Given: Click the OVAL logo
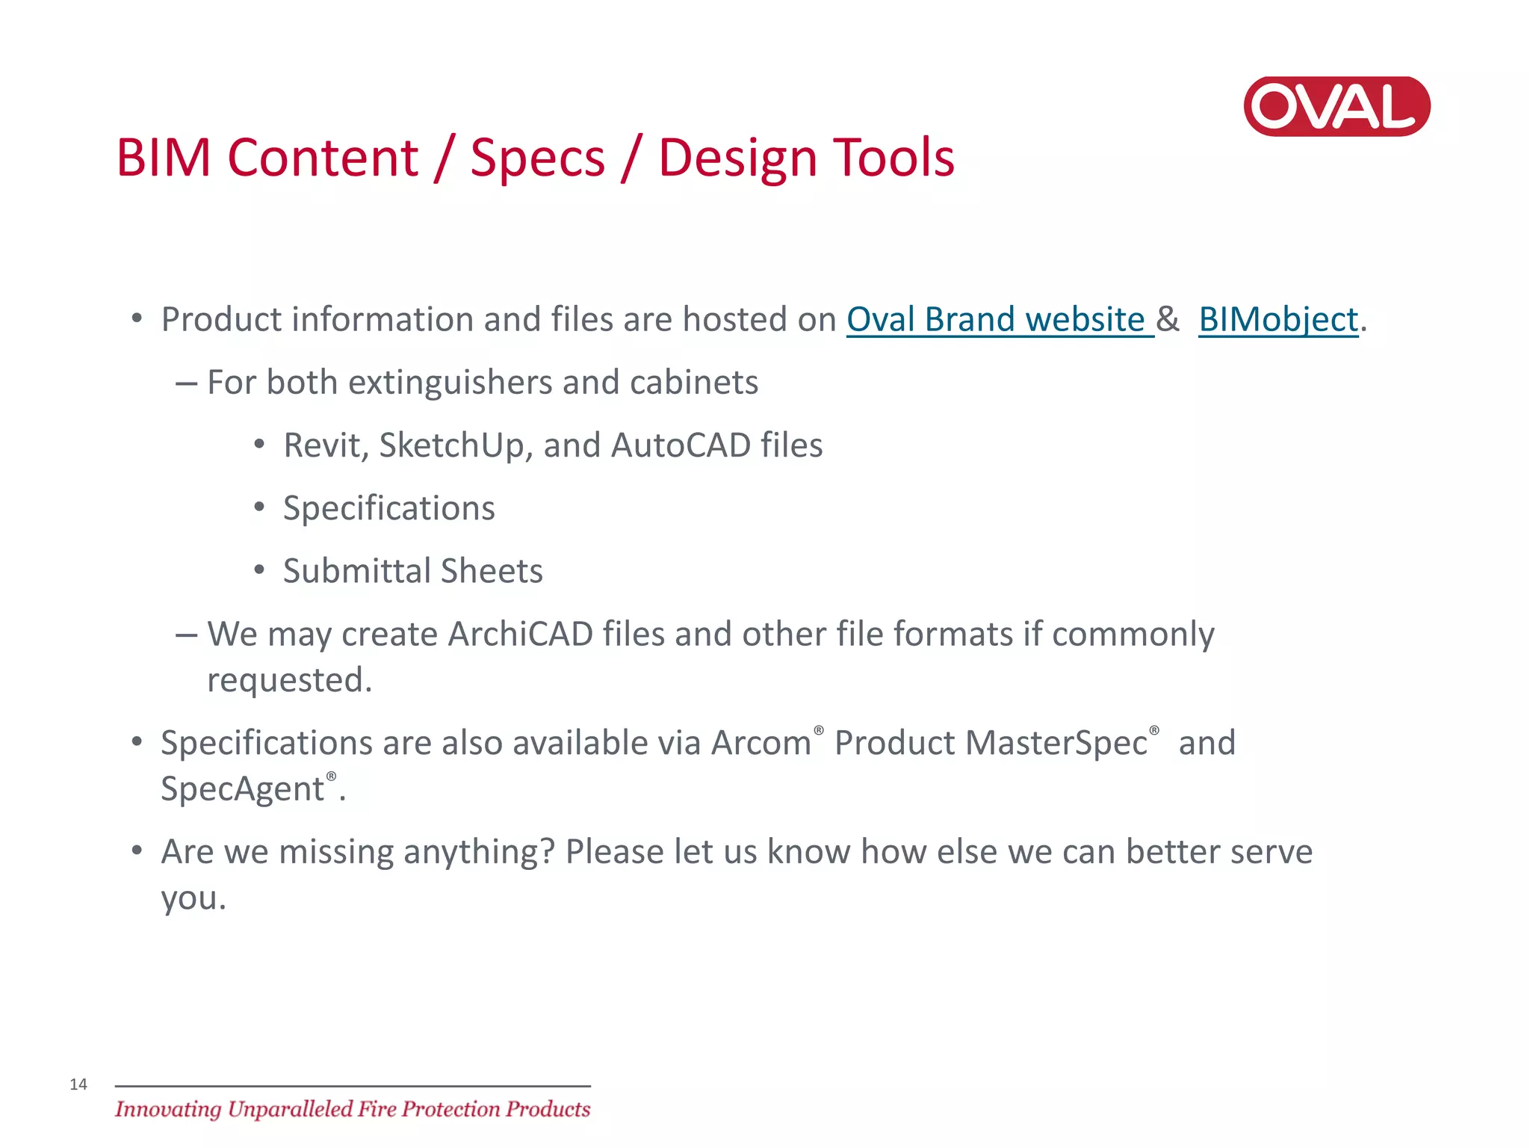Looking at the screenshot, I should click(x=1337, y=106).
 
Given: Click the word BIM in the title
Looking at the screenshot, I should click(x=164, y=158).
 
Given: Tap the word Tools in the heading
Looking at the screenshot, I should click(x=893, y=158).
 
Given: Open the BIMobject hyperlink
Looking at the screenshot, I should click(x=1277, y=320).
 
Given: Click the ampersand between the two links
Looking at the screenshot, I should click(x=1168, y=320).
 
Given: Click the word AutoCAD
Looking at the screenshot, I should click(x=681, y=445).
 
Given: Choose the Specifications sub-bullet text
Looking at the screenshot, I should click(x=388, y=509).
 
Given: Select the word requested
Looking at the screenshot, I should click(x=288, y=681).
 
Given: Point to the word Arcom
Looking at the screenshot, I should click(x=761, y=744).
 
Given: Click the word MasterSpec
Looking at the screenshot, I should click(x=1056, y=744).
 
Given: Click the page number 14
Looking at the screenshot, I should click(x=78, y=1084).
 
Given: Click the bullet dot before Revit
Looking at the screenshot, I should click(x=259, y=445).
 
